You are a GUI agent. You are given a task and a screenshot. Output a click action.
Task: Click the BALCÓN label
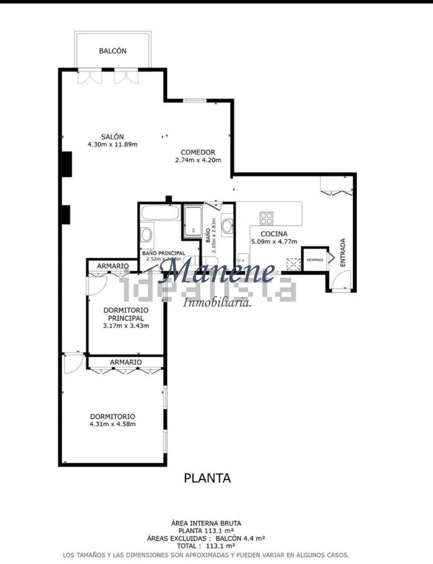click(x=112, y=51)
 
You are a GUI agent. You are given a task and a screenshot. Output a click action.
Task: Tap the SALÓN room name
click(x=112, y=137)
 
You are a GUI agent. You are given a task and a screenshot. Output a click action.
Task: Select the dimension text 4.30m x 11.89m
click(x=112, y=145)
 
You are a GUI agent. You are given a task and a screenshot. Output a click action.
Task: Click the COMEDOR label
click(x=198, y=152)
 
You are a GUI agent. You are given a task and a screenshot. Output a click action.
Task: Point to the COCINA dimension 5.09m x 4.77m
click(x=274, y=242)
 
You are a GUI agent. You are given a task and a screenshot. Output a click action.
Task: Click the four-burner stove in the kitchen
click(x=266, y=218)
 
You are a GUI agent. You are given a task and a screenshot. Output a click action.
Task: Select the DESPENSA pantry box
click(x=314, y=260)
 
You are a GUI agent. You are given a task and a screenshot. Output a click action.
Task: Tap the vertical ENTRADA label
click(x=343, y=253)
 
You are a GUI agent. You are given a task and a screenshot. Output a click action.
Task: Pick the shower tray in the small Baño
click(x=193, y=221)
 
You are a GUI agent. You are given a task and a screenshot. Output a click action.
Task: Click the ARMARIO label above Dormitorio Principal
click(x=113, y=266)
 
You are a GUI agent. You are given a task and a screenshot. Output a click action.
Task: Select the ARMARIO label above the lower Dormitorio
click(x=126, y=362)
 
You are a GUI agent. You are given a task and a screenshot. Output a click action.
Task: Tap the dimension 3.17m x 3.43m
click(x=126, y=326)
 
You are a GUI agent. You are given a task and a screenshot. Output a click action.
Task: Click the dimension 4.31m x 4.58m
click(x=112, y=424)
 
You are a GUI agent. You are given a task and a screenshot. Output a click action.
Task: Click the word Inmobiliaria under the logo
click(x=217, y=303)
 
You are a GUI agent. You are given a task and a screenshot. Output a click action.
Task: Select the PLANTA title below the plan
click(x=207, y=478)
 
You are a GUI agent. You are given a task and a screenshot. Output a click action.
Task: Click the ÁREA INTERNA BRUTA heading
click(x=206, y=523)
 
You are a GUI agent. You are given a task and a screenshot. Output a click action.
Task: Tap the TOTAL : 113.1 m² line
click(x=206, y=546)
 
